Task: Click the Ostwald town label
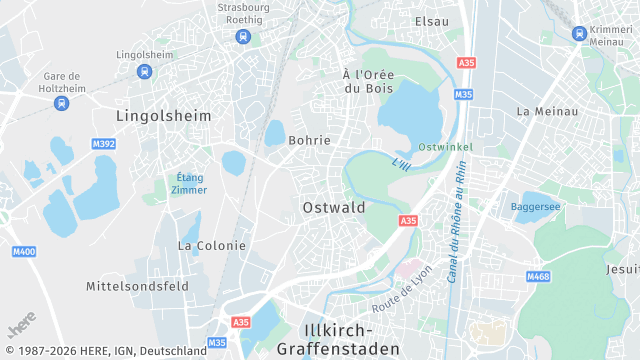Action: tap(333, 207)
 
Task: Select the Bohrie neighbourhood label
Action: tap(309, 140)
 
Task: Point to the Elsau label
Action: tap(432, 20)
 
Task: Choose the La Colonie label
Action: tap(211, 245)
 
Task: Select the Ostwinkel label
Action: tap(445, 148)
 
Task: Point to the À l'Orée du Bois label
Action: tap(368, 81)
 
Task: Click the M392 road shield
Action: tap(104, 144)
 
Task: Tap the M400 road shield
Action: tap(24, 251)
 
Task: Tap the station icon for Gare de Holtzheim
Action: tap(63, 102)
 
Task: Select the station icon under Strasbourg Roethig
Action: tap(243, 37)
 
